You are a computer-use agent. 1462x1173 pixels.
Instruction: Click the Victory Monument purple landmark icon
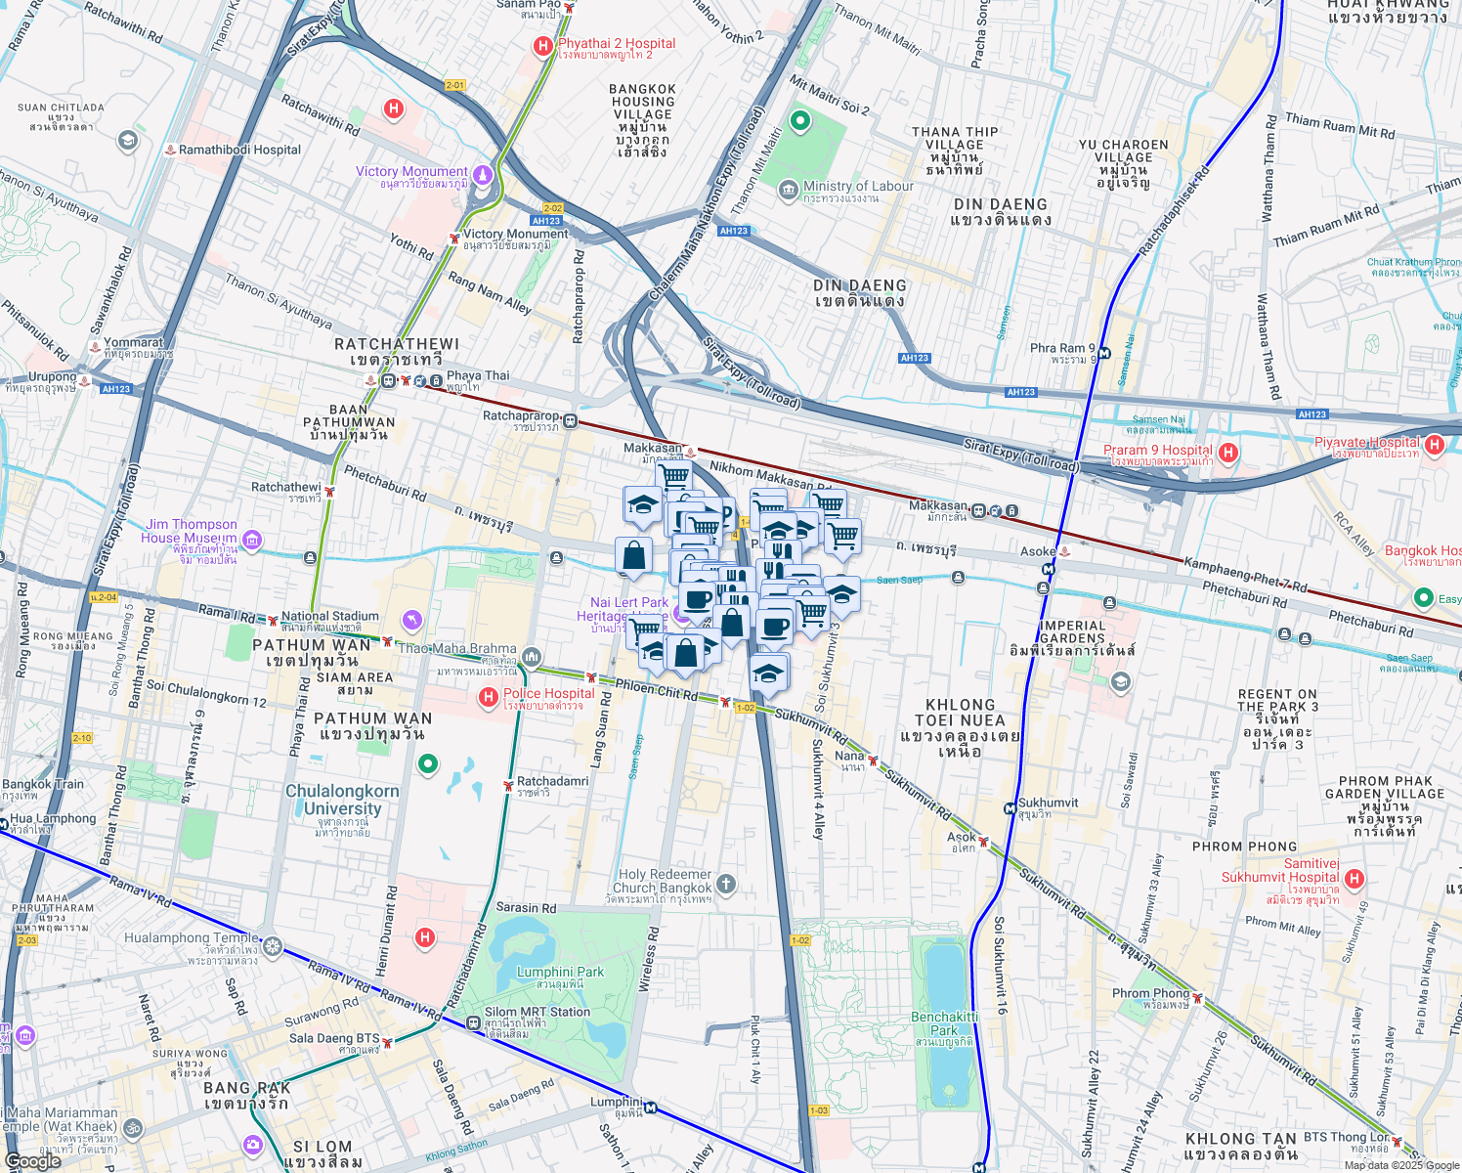point(482,175)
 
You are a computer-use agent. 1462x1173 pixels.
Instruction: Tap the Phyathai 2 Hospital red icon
point(543,46)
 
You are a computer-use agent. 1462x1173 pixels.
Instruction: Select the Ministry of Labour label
point(858,187)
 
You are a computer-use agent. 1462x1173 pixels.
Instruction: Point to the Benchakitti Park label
point(944,1023)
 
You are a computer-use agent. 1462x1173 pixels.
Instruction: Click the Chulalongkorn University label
point(342,801)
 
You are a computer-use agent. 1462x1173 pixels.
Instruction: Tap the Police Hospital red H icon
point(488,697)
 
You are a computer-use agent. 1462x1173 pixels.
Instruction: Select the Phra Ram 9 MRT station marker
point(1104,353)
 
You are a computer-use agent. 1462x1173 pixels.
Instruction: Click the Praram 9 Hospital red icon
point(1228,452)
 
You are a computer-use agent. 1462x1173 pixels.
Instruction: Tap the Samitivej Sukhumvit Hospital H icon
point(1354,879)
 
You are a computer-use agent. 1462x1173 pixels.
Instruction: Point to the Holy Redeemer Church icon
point(725,885)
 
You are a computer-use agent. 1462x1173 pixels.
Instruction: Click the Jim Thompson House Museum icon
point(252,540)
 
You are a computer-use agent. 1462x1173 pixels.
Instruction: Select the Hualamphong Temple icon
point(273,945)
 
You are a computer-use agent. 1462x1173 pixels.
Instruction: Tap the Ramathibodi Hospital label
point(239,150)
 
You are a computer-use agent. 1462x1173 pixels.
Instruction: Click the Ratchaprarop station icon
point(571,421)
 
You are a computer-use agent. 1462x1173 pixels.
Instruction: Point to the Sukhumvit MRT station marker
point(1010,808)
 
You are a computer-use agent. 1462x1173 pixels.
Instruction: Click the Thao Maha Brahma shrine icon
point(532,656)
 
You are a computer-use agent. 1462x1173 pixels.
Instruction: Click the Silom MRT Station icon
point(474,1023)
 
